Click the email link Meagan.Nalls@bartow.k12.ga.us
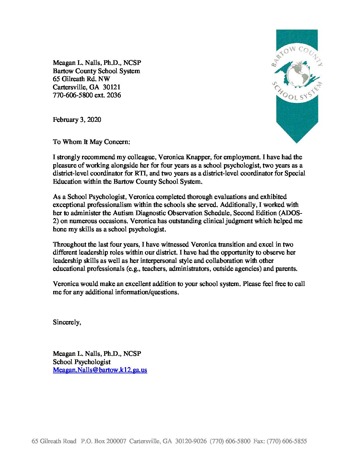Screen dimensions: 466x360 tap(100, 370)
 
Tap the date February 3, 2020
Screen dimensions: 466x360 tap(77, 120)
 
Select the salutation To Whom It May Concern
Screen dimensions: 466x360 tap(91, 142)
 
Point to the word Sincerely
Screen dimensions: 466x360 tap(67, 322)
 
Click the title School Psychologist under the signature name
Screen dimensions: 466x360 tap(82, 362)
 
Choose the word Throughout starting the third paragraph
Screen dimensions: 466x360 tap(70, 245)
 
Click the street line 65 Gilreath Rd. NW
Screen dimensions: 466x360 tap(81, 79)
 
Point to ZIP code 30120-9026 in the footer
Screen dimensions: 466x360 tap(191, 441)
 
